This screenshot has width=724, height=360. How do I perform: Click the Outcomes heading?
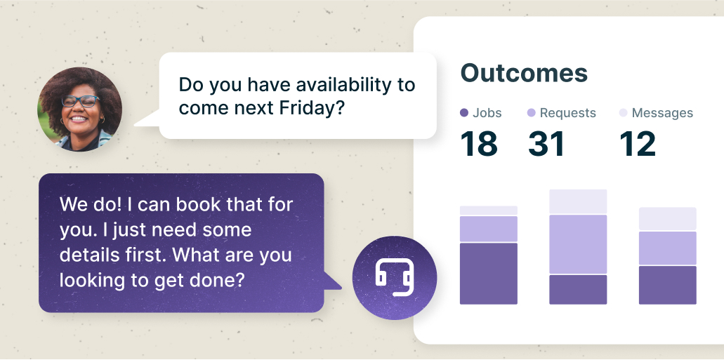(x=524, y=73)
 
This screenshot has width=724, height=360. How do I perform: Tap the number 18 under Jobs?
(x=479, y=144)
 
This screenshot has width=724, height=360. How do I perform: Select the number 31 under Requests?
(x=546, y=144)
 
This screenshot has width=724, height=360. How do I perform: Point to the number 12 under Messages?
(x=637, y=144)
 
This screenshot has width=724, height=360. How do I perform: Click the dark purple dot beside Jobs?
(x=464, y=112)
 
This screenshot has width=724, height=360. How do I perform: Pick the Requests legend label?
(x=568, y=113)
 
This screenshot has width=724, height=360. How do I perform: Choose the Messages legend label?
(x=662, y=113)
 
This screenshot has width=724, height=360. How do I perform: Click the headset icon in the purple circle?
(x=394, y=277)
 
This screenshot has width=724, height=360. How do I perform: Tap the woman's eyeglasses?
(x=80, y=101)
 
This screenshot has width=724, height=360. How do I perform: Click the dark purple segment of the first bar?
(x=489, y=274)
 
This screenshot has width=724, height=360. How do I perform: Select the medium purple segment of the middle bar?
(x=578, y=244)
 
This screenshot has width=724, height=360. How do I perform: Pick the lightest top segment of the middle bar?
(x=578, y=201)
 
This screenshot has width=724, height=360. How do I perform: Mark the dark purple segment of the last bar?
(x=668, y=285)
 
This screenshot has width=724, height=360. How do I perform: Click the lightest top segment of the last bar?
(x=668, y=219)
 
